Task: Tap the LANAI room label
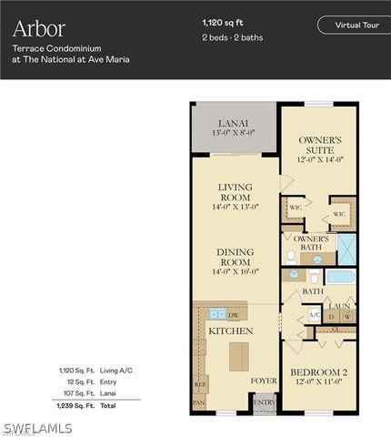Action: [234, 124]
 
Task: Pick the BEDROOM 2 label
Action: [318, 371]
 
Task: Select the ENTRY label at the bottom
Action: [264, 401]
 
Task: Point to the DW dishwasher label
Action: [235, 315]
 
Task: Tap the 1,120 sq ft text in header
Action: [223, 20]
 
